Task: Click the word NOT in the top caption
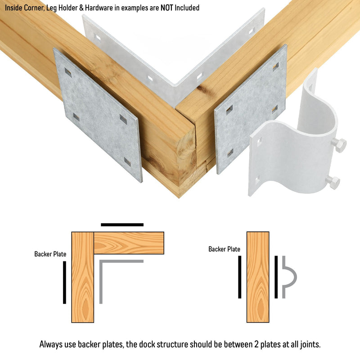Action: [x=166, y=8]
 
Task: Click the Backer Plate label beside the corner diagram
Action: [x=50, y=254]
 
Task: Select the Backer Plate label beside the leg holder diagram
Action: [x=224, y=249]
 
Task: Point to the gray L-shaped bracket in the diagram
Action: [x=101, y=262]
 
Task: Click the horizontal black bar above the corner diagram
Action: [x=122, y=225]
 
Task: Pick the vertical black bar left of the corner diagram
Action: [x=64, y=283]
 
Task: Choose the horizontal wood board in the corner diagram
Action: [x=129, y=243]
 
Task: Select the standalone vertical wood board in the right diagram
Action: [x=258, y=277]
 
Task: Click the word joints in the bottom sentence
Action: [x=310, y=345]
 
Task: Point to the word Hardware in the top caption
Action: [x=99, y=8]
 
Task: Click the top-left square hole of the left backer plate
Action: [x=68, y=72]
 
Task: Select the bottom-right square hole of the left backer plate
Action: [x=127, y=162]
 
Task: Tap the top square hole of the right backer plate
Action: [x=276, y=67]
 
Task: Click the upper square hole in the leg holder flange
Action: [x=259, y=142]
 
